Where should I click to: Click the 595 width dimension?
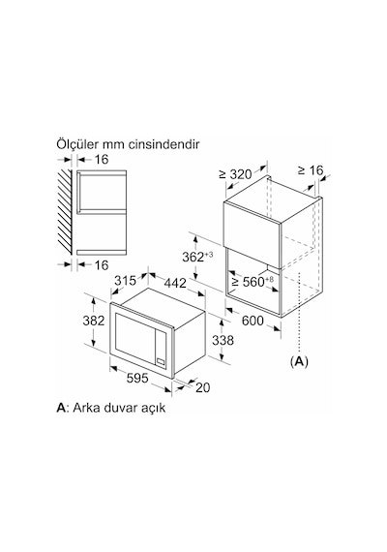[x=137, y=378]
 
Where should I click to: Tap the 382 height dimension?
[x=94, y=321]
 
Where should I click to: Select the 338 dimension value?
[x=223, y=340]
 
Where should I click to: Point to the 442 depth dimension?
[x=175, y=283]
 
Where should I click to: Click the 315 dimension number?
[x=125, y=281]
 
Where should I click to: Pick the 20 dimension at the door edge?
[x=202, y=387]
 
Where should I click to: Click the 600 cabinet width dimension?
[x=253, y=321]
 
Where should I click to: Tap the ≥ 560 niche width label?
[x=253, y=281]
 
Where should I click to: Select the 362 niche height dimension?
[x=197, y=257]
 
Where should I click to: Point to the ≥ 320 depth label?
[x=235, y=174]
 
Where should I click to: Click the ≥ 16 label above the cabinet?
[x=311, y=170]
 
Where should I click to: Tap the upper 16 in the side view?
[x=102, y=160]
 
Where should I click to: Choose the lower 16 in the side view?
[x=102, y=265]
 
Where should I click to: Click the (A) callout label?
[x=299, y=361]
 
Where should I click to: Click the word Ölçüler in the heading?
[x=77, y=144]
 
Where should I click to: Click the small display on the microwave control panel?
[x=162, y=361]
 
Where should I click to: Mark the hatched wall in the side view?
[x=65, y=211]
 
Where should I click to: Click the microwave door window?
[x=135, y=336]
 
